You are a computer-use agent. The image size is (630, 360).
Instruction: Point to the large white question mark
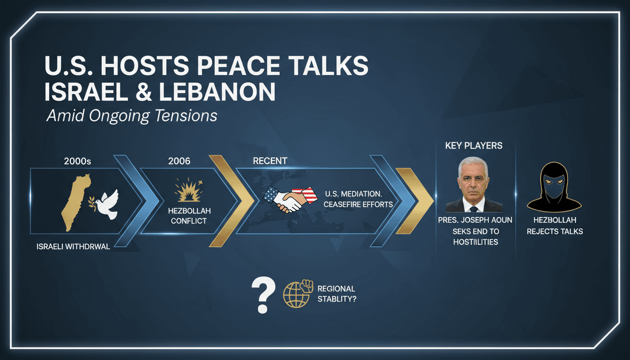tap(263, 294)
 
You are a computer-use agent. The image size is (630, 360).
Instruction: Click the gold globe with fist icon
tap(298, 294)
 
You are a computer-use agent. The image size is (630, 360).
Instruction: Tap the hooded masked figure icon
tap(555, 187)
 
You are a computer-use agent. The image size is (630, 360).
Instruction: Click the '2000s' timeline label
tap(77, 161)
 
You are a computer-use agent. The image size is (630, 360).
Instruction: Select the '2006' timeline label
tap(179, 161)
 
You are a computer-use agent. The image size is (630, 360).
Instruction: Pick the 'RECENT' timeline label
tap(270, 161)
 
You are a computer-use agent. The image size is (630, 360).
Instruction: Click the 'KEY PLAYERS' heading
tap(473, 146)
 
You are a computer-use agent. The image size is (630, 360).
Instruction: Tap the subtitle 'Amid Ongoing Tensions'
tap(132, 115)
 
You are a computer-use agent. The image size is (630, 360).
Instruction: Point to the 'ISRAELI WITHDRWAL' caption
tap(73, 247)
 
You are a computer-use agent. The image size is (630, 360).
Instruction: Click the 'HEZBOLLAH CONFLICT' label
tap(188, 216)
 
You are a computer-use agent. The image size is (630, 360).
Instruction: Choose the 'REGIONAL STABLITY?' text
tap(337, 293)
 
